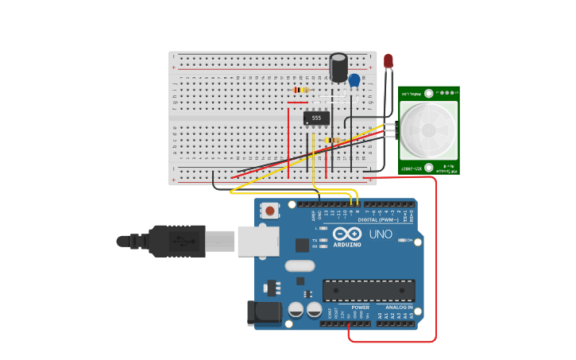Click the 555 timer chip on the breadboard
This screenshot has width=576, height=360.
pos(316,118)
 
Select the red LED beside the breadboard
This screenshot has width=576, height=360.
pos(388,61)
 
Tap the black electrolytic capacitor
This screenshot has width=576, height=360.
pos(338,68)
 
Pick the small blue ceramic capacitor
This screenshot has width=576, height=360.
pos(354,80)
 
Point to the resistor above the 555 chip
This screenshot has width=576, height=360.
pos(300,90)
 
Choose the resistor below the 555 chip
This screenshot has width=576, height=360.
pos(333,141)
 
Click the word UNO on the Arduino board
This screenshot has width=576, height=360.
pos(381,234)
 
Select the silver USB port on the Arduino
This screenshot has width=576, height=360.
pos(258,240)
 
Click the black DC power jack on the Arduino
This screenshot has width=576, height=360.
pos(265,312)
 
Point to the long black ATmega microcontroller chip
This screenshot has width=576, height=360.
pos(368,290)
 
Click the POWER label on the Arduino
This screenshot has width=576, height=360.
pos(360,307)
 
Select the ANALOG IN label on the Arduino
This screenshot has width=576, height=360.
pos(399,307)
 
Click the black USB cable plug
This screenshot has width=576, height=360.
pos(176,241)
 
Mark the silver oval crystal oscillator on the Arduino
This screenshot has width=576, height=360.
pos(300,265)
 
